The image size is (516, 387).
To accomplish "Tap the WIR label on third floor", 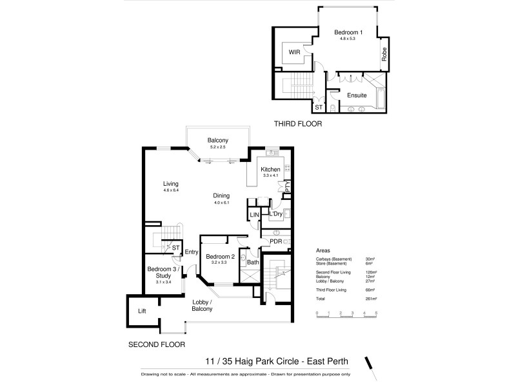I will coord(295,52).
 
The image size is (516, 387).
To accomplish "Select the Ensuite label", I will coord(357,95).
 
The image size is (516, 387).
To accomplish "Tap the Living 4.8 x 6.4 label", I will coord(170,184).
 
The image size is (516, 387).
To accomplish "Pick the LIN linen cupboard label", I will coord(254,214).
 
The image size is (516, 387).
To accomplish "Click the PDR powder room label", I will coord(277,243).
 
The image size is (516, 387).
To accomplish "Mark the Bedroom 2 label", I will coord(218,257).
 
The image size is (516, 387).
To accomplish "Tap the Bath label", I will coord(253,263).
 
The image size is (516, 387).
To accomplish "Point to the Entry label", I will coord(192,252).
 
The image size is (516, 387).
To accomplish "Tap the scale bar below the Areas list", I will coord(346,313).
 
